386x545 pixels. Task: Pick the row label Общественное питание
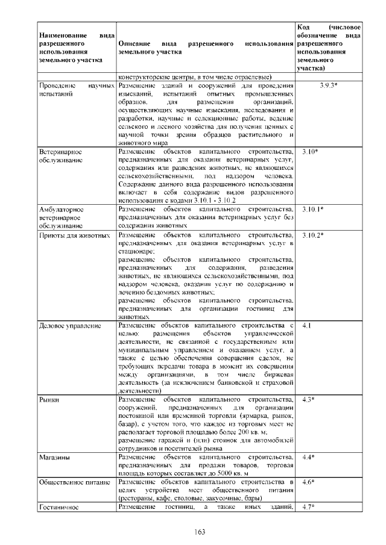pos(74,482)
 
